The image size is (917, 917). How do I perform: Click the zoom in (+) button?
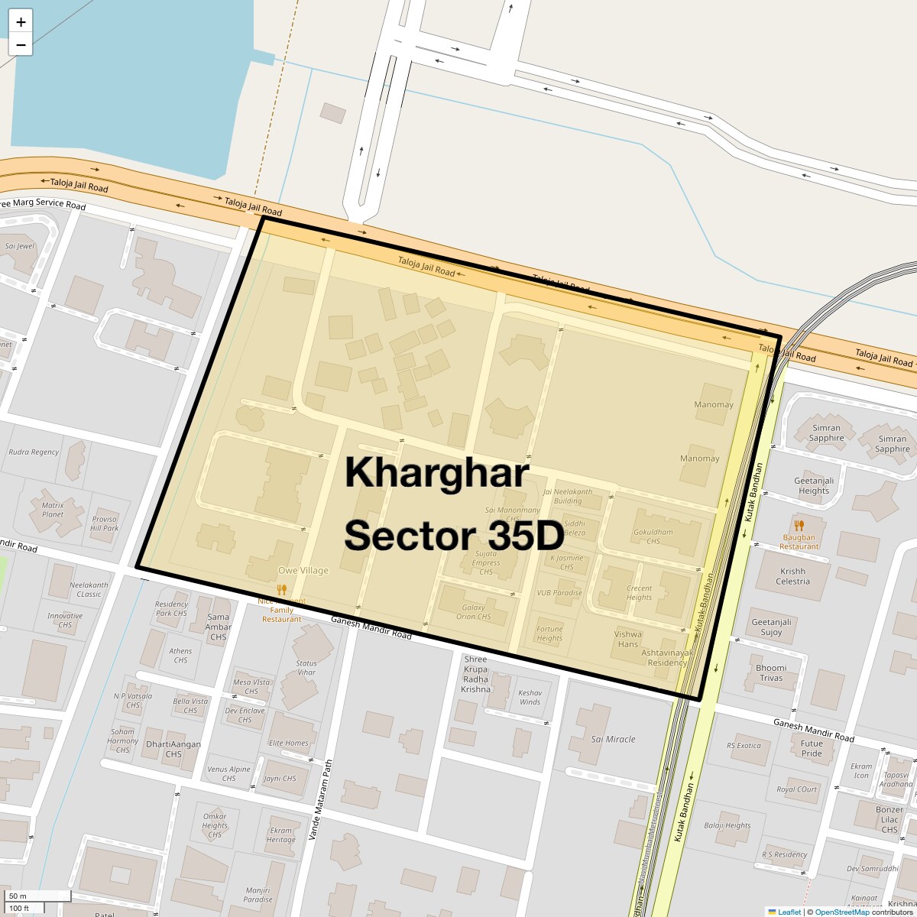[x=21, y=21]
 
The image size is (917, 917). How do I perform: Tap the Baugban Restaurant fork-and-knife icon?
[x=799, y=526]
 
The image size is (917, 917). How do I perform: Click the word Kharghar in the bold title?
[x=436, y=473]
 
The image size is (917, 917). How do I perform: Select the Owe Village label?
[x=303, y=570]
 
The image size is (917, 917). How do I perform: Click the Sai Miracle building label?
[x=613, y=739]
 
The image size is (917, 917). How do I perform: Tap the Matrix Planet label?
[x=52, y=509]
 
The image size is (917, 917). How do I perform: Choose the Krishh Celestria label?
[x=792, y=576]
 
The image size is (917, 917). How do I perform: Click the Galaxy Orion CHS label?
[x=473, y=612]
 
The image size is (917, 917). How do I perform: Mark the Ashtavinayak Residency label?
[x=666, y=658]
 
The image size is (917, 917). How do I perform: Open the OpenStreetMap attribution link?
[x=841, y=912]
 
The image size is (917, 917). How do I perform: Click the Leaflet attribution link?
[x=789, y=912]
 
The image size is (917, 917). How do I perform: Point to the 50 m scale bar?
[x=38, y=896]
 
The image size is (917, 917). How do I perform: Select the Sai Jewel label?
[x=20, y=246]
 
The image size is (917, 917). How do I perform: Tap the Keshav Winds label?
[x=530, y=697]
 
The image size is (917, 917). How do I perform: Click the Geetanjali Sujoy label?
[x=771, y=627]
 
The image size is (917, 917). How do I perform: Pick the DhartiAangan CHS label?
[x=173, y=749]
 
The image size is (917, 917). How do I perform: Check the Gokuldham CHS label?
[x=653, y=536]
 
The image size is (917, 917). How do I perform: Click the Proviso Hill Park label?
[x=105, y=523]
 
